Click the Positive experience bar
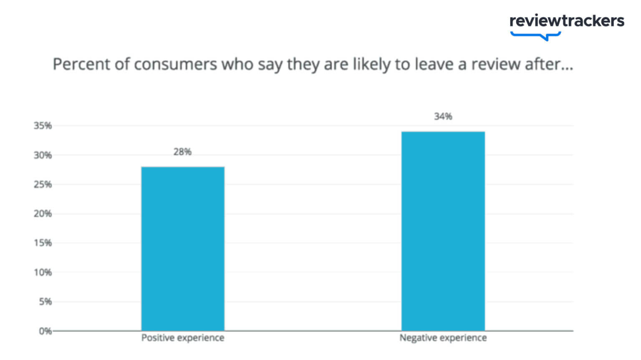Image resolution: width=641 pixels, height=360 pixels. point(183,249)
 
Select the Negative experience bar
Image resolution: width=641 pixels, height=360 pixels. point(443,231)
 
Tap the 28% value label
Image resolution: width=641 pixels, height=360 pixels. point(182,152)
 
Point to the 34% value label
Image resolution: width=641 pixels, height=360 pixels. point(443,117)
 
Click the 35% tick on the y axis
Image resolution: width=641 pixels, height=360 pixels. point(43,126)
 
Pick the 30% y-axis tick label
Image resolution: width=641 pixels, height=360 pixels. point(43,155)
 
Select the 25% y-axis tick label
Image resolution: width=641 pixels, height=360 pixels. point(43,184)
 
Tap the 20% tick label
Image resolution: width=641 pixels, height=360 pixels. point(43,214)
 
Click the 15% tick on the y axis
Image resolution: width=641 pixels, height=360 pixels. point(43,243)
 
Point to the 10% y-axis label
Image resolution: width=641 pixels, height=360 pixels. point(43,272)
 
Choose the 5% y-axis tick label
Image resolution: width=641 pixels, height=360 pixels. point(45,302)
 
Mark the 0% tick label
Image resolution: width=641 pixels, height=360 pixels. point(45,331)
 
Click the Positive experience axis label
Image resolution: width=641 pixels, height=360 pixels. point(183,338)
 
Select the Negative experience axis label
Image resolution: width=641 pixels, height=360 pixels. point(443,338)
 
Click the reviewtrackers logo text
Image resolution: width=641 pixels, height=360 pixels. point(567,20)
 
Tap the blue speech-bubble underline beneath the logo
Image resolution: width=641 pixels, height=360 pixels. point(535,36)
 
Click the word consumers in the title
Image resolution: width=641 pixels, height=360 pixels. point(176,65)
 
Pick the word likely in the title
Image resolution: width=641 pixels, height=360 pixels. point(372,65)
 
